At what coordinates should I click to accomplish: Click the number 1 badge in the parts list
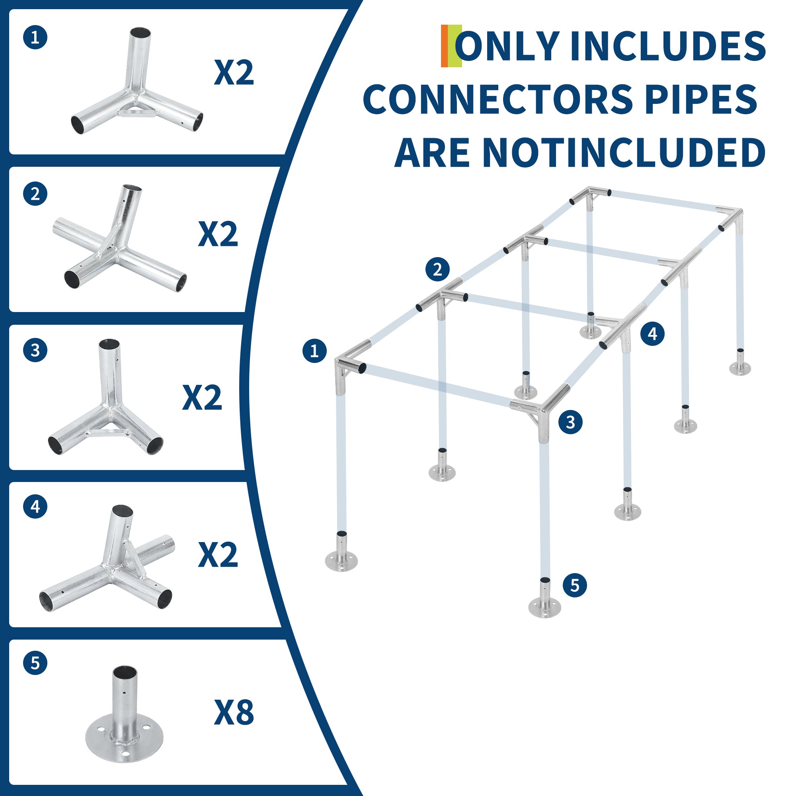coord(35,37)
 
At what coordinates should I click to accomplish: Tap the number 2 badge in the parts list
coord(35,194)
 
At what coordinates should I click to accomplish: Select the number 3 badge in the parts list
coord(35,350)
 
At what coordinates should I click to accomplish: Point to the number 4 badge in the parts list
coord(35,506)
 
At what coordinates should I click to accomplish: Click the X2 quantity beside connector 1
coord(234,72)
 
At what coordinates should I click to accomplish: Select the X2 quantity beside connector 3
coord(202,398)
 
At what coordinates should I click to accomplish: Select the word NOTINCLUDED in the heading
coord(623,152)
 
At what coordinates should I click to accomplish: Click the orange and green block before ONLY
coord(451,46)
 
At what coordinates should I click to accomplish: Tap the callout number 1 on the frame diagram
coord(314,351)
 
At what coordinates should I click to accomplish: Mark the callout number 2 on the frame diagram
coord(437,269)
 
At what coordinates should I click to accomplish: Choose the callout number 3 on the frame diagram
coord(570,422)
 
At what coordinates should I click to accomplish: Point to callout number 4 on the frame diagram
coord(652,333)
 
